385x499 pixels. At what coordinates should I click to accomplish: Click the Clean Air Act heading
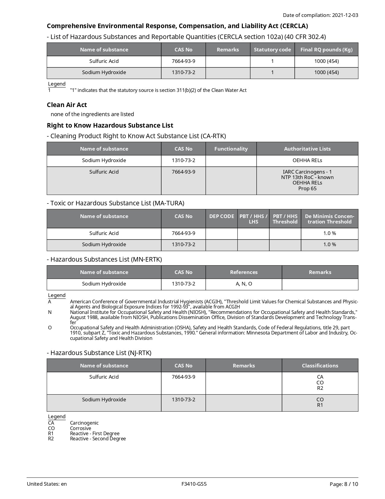pos(67,105)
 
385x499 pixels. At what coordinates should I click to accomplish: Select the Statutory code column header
pos(272,50)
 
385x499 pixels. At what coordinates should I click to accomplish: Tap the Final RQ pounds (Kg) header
pos(326,50)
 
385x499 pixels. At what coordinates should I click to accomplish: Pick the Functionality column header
pos(231,149)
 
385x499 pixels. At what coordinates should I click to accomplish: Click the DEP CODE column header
pos(221,216)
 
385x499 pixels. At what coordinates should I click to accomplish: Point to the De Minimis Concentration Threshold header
pos(329,219)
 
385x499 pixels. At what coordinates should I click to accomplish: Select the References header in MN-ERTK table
pos(244,272)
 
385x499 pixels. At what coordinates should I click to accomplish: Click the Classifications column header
pos(320,366)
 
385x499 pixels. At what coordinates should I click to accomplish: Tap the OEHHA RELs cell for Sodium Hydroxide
pos(307,160)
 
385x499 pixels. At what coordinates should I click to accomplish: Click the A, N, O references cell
pos(244,284)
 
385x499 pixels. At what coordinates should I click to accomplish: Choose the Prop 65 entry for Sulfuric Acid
pos(307,188)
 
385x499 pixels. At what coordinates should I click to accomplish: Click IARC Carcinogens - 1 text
pos(307,172)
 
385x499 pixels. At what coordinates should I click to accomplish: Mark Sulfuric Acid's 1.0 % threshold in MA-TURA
pos(329,233)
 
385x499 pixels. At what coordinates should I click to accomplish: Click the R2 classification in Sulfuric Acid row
pos(320,388)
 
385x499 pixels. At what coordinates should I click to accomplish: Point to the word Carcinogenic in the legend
pos(84,423)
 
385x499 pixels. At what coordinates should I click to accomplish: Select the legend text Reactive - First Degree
pos(95,433)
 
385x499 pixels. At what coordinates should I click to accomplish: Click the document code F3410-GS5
pos(194,484)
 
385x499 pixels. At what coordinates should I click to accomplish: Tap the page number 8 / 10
pos(351,484)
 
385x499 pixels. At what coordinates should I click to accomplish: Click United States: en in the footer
pos(47,484)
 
